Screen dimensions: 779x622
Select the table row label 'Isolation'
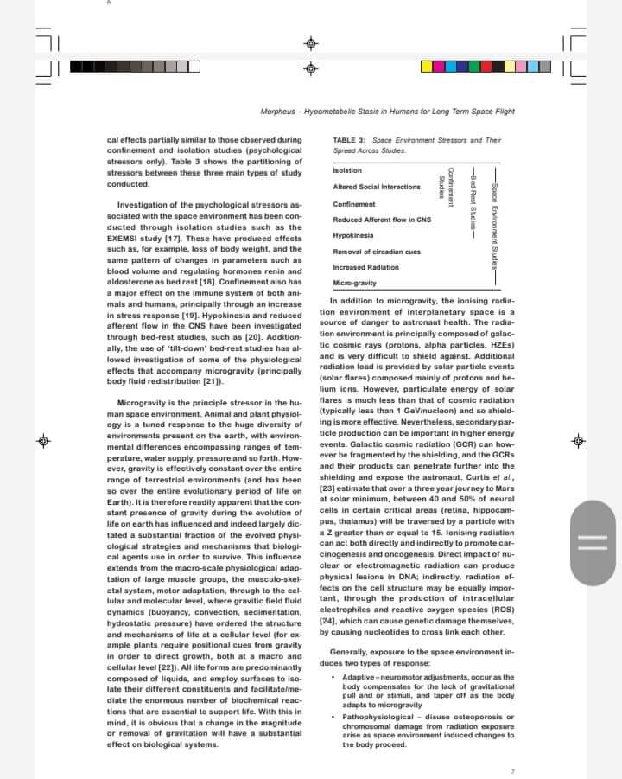[x=347, y=170]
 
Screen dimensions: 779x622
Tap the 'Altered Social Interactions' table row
[x=377, y=187]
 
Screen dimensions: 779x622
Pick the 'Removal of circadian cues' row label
[x=377, y=251]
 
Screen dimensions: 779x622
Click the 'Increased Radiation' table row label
[x=366, y=267]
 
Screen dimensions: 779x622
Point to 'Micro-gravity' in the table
[x=354, y=283]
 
